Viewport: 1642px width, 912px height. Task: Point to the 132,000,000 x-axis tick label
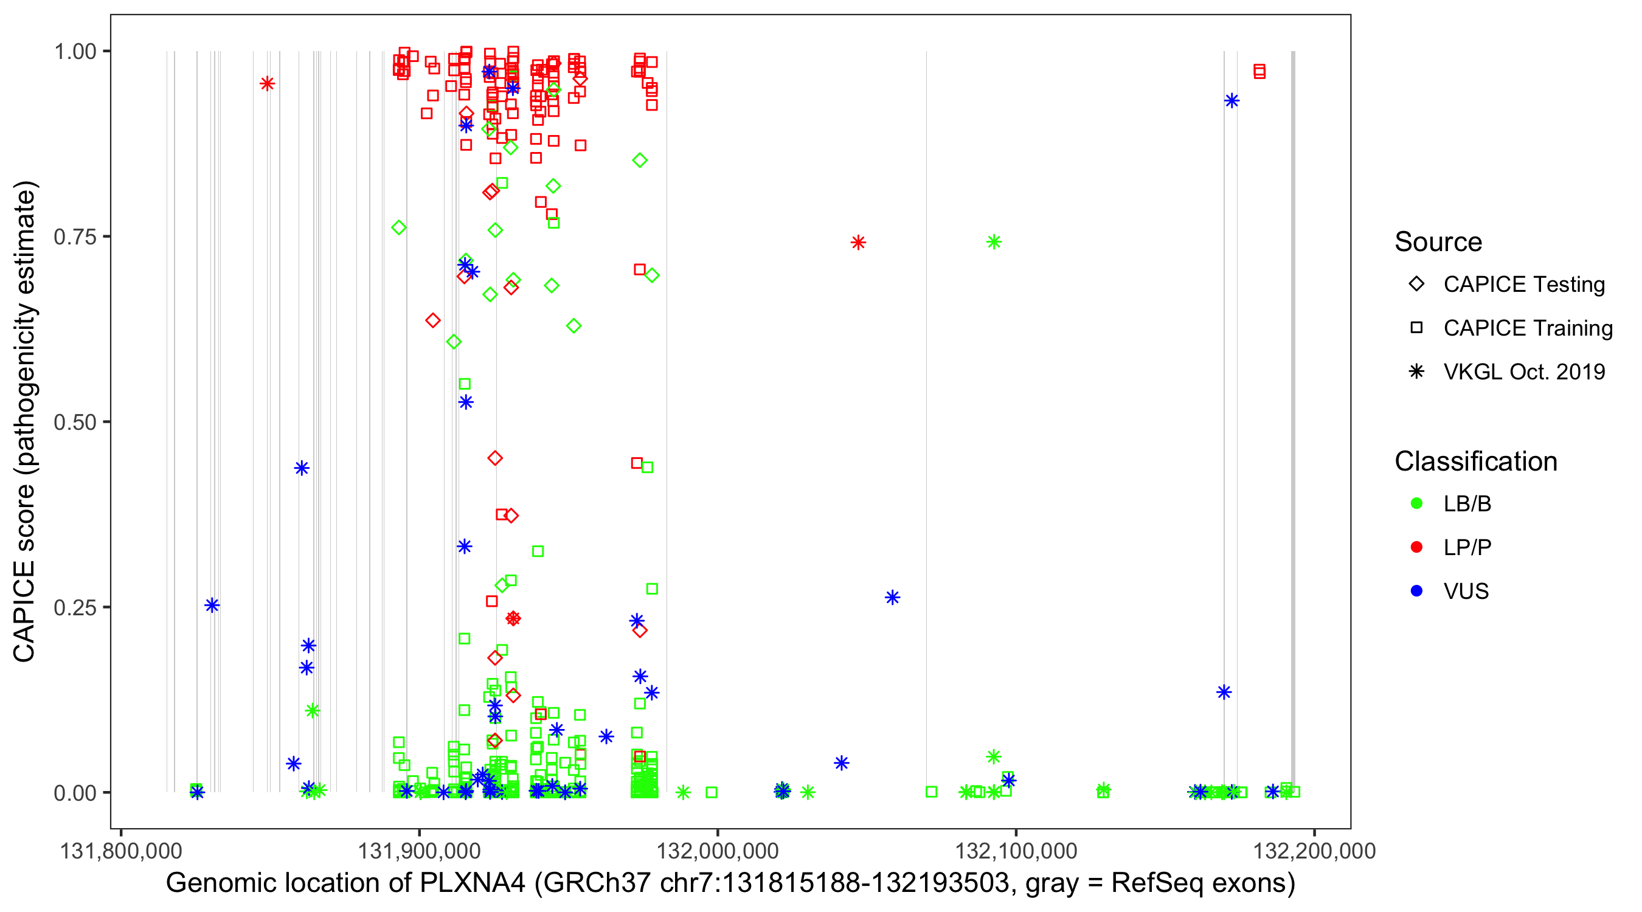pos(717,851)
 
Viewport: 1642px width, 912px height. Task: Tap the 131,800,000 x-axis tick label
pos(120,851)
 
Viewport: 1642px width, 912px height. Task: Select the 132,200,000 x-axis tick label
pos(1314,851)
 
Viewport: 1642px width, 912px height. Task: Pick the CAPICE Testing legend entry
pos(1523,285)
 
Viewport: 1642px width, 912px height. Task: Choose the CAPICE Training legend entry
pos(1527,328)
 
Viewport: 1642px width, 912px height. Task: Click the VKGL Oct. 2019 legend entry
pos(1523,371)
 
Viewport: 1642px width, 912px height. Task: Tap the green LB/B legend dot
pos(1416,503)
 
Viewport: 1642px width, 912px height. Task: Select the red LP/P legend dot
pos(1416,547)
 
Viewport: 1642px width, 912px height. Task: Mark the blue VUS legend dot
pos(1416,591)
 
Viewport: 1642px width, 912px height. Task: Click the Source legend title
pos(1438,242)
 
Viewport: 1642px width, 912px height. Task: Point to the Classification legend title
pos(1475,461)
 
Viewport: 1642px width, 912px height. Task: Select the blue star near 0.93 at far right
pos(1231,101)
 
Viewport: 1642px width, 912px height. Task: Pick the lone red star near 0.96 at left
pos(267,83)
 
